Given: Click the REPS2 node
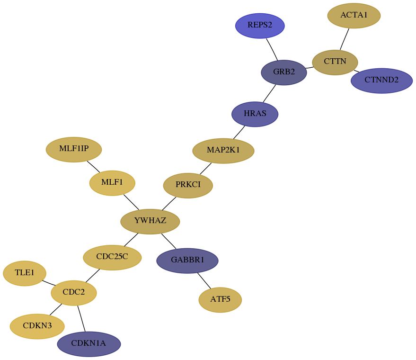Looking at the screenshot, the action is (260, 26).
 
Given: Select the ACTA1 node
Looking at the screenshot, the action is (354, 16).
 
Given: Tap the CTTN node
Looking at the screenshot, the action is (335, 63).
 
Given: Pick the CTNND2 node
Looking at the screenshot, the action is (381, 81).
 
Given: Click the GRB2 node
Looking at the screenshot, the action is (284, 72).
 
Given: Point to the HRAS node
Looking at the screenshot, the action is (255, 114).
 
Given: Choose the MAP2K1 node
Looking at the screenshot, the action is (223, 151).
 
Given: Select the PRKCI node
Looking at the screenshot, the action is (188, 186).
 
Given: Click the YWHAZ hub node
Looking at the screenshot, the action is (150, 221).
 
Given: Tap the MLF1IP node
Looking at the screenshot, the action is (74, 150).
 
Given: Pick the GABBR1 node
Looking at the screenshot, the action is (187, 261).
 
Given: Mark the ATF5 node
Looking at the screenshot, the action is (220, 300).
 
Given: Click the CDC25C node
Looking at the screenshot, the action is (112, 257).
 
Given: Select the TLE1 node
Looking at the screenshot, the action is (25, 273).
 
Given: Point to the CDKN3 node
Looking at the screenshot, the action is (37, 326).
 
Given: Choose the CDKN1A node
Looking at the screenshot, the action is (89, 344).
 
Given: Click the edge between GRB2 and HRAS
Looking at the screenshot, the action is (269, 93).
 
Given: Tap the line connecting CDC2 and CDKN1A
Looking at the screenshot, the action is (81, 319).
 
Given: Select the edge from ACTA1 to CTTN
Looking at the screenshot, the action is (345, 39).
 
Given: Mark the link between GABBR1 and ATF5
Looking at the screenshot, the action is (204, 280).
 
